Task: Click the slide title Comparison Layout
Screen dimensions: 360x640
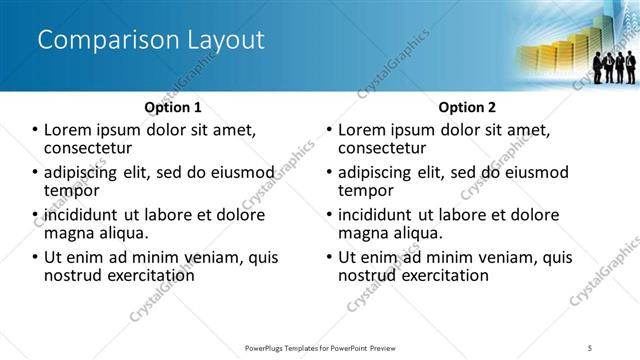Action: click(151, 41)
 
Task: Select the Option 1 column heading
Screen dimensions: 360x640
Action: click(173, 106)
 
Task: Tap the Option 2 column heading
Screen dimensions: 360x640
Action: click(466, 106)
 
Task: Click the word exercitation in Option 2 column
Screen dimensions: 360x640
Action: click(441, 275)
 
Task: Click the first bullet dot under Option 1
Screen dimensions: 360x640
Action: click(35, 130)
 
